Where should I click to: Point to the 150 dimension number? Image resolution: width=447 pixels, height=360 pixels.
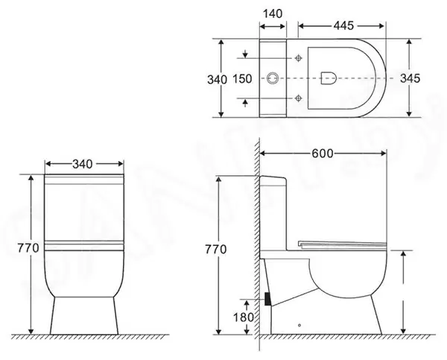coord(241,77)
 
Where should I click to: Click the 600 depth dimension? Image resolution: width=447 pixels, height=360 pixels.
coord(322,153)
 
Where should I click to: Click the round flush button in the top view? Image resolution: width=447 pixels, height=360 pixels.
coord(273,78)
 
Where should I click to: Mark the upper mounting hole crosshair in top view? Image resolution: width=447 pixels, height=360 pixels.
coord(299,58)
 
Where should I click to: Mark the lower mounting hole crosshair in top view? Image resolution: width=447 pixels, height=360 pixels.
coord(299,97)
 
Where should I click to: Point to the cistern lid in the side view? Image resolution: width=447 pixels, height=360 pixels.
coord(273,180)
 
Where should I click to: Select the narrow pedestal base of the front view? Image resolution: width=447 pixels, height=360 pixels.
coord(84,317)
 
